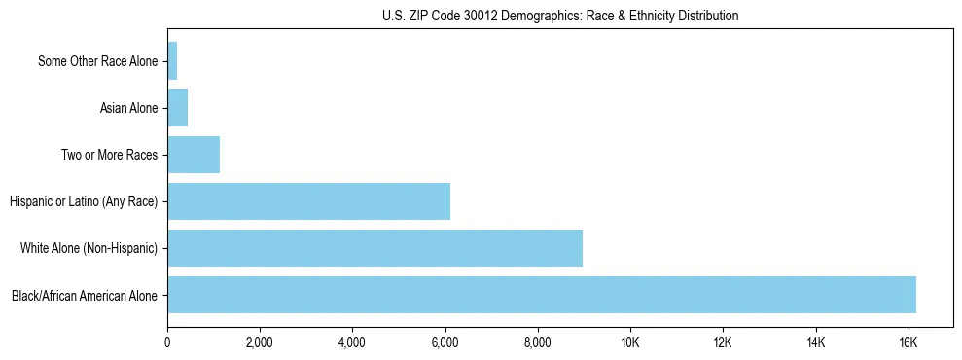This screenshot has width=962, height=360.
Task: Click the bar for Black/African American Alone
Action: tap(542, 295)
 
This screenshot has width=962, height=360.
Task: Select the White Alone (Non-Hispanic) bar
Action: tap(374, 248)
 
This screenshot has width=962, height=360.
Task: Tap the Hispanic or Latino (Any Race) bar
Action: tap(308, 201)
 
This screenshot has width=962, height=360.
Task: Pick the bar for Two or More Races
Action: tap(194, 155)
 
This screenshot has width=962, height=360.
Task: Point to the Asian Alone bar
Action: tap(178, 108)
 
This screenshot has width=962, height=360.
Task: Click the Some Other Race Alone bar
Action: tap(172, 61)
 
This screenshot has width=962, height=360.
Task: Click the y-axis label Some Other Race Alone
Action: tap(97, 61)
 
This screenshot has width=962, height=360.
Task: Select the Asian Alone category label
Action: tap(128, 108)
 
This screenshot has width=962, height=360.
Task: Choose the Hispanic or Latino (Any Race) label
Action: tap(84, 201)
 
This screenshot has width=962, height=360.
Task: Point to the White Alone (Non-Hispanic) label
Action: tap(89, 248)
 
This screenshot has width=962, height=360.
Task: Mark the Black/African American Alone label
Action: tap(85, 295)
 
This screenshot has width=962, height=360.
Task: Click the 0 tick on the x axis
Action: tap(167, 342)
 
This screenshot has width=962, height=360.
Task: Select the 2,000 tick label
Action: tap(260, 342)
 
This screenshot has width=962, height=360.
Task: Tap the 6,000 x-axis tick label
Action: tap(445, 342)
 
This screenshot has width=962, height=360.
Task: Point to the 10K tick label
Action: tap(630, 342)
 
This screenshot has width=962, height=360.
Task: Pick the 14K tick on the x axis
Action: tap(815, 342)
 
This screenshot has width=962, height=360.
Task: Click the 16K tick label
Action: tap(908, 342)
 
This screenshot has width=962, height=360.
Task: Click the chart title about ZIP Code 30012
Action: tap(560, 16)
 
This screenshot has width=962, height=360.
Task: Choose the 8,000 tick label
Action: tap(538, 342)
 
